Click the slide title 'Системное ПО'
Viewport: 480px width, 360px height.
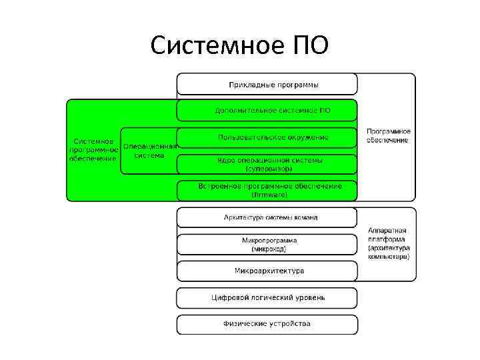pyautogui.click(x=239, y=45)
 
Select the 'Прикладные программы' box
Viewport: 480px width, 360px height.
pyautogui.click(x=267, y=85)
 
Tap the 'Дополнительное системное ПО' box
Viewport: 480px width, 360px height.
pyautogui.click(x=267, y=110)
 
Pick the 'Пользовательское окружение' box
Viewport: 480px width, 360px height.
pyautogui.click(x=267, y=137)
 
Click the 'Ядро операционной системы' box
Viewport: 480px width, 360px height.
pyautogui.click(x=267, y=164)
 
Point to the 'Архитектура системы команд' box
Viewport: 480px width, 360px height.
pyautogui.click(x=267, y=217)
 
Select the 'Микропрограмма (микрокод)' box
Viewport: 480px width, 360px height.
pyautogui.click(x=267, y=244)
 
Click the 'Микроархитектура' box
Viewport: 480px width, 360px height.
pyautogui.click(x=267, y=271)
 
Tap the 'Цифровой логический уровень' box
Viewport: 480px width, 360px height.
pyautogui.click(x=267, y=297)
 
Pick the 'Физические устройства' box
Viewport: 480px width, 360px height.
pyautogui.click(x=267, y=324)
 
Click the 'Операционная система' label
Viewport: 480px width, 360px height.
pyautogui.click(x=149, y=151)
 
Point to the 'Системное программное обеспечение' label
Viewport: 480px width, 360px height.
pyautogui.click(x=93, y=150)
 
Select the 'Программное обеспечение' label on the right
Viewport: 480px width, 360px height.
pyautogui.click(x=388, y=136)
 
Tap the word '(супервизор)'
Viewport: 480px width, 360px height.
pyautogui.click(x=269, y=169)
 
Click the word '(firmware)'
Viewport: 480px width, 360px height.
pyautogui.click(x=269, y=195)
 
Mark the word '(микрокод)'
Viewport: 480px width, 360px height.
pyautogui.click(x=269, y=249)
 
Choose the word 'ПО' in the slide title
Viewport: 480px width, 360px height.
pyautogui.click(x=309, y=45)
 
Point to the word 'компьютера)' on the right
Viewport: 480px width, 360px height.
pyautogui.click(x=388, y=256)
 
